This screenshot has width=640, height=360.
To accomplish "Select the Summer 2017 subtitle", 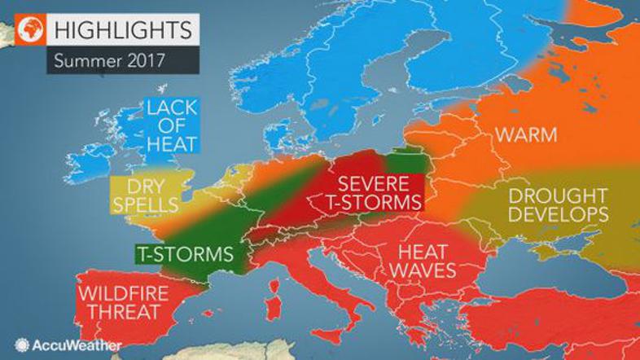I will (105, 59).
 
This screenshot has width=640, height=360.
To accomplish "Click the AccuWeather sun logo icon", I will (20, 345).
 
